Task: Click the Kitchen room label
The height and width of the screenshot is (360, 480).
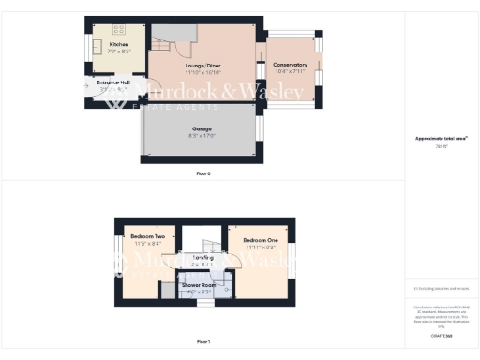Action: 119,45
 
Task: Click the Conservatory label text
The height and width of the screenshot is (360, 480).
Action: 291,65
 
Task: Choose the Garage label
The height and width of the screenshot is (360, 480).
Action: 202,128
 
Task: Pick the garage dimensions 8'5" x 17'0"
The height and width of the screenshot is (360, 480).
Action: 202,135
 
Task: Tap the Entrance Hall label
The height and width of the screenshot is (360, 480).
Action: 112,82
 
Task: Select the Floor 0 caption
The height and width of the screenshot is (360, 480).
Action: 203,173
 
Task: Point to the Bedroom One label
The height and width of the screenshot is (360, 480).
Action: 260,240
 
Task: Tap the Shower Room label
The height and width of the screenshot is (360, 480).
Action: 199,284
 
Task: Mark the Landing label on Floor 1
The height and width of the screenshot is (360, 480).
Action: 202,257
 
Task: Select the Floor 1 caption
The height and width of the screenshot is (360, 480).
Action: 203,341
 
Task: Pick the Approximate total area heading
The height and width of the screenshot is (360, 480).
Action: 442,138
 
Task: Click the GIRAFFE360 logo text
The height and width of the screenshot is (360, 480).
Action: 442,335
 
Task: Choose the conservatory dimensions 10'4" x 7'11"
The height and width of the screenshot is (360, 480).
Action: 291,71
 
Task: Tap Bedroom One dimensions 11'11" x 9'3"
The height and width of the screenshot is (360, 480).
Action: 260,247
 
